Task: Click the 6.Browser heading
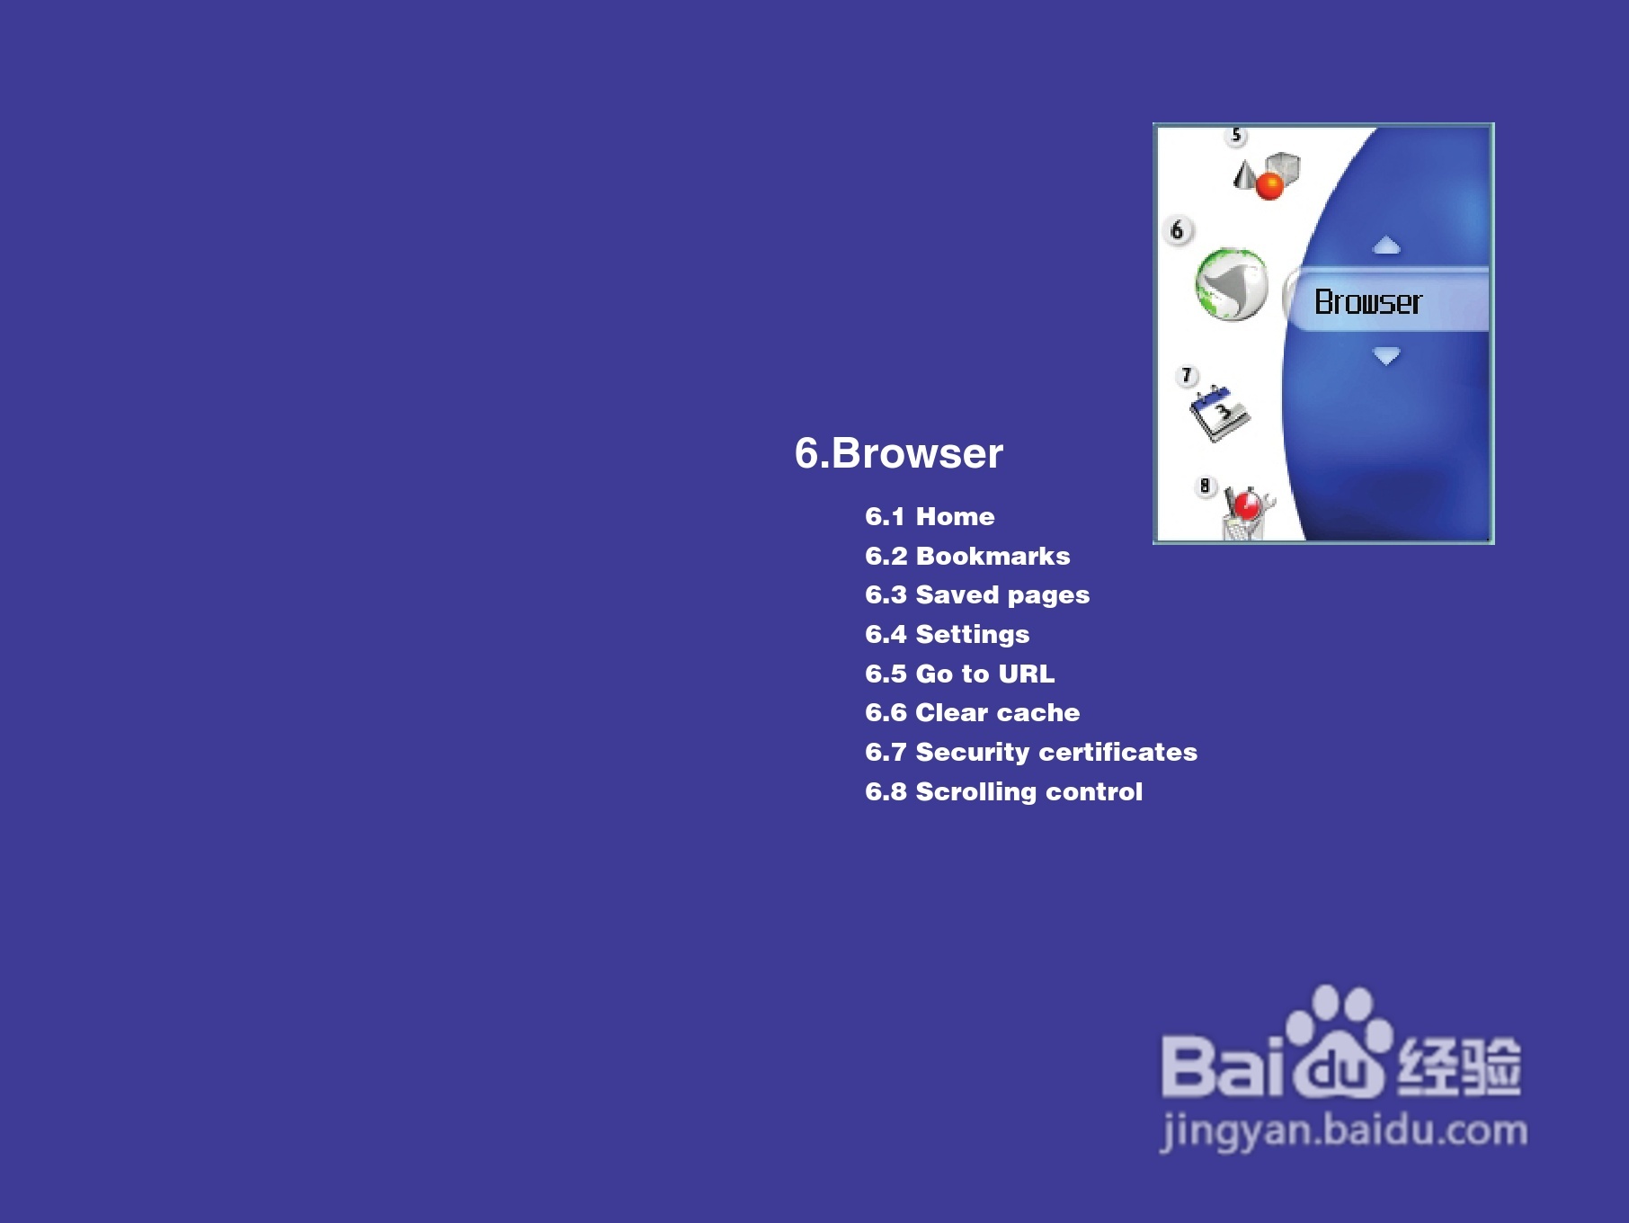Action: tap(898, 452)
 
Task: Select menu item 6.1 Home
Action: tap(930, 516)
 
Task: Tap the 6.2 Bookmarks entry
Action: tap(967, 556)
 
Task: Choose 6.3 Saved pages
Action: tap(977, 595)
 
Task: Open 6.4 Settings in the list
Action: tap(947, 635)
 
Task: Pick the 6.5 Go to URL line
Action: tap(959, 674)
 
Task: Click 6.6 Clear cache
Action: tap(972, 712)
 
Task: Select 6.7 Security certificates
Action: tap(1031, 752)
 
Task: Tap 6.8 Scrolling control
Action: tap(1003, 791)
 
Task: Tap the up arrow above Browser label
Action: tap(1386, 245)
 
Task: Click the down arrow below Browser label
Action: tap(1386, 356)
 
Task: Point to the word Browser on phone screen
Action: tap(1368, 302)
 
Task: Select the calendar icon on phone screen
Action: tap(1219, 414)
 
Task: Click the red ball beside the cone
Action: tap(1269, 186)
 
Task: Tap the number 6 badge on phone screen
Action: tap(1178, 230)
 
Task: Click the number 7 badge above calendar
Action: tap(1188, 375)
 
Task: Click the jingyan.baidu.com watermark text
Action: tap(1343, 1131)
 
